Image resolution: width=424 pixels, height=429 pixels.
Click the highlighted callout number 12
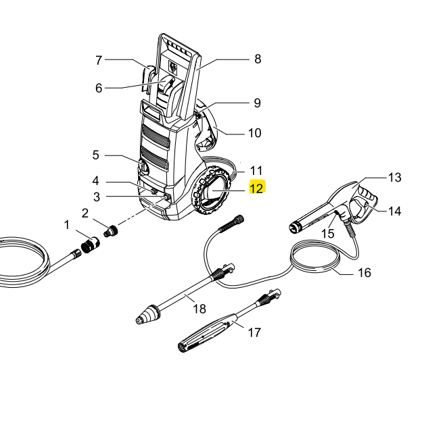click(257, 188)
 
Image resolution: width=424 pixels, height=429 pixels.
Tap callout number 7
click(99, 60)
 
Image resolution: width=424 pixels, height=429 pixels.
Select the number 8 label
click(258, 59)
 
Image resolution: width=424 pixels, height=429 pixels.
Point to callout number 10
click(254, 133)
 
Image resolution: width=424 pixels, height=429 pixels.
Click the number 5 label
click(96, 155)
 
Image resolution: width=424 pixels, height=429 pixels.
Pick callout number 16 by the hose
click(364, 273)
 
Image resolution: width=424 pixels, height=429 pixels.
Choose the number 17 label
click(255, 332)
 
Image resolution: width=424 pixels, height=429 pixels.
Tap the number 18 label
click(199, 309)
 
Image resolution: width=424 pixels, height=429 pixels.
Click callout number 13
click(394, 177)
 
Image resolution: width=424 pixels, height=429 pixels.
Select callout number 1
click(67, 224)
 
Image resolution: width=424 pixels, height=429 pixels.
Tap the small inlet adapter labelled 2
click(110, 232)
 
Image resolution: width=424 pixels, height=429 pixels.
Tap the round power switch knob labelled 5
click(143, 166)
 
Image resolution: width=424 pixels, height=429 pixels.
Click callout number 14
click(395, 211)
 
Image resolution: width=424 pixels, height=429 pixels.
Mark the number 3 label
click(96, 197)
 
